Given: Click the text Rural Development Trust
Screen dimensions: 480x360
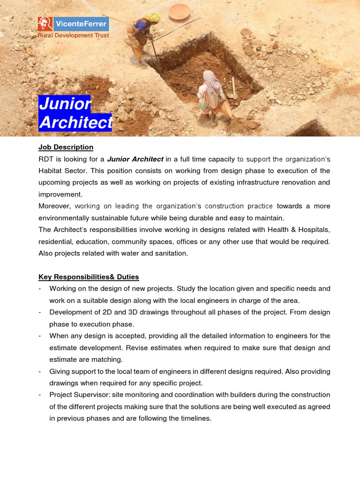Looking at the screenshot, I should [74, 36].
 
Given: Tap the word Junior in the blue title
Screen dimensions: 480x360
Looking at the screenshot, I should [65, 104].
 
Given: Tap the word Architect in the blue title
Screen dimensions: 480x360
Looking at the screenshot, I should [75, 122].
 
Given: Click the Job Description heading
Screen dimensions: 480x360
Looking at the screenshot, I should [66, 147].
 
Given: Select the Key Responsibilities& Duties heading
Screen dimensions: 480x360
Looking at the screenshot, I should [89, 277].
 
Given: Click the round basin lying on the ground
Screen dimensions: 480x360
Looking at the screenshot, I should [179, 12].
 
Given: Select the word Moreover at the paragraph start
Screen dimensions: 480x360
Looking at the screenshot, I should [54, 206].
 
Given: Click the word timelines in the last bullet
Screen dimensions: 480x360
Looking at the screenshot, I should [195, 418].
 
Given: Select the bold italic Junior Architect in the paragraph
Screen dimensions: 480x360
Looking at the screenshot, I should [135, 159].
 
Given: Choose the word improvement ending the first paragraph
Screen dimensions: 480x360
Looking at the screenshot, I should [60, 194].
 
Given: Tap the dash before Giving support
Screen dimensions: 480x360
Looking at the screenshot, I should [40, 371].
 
